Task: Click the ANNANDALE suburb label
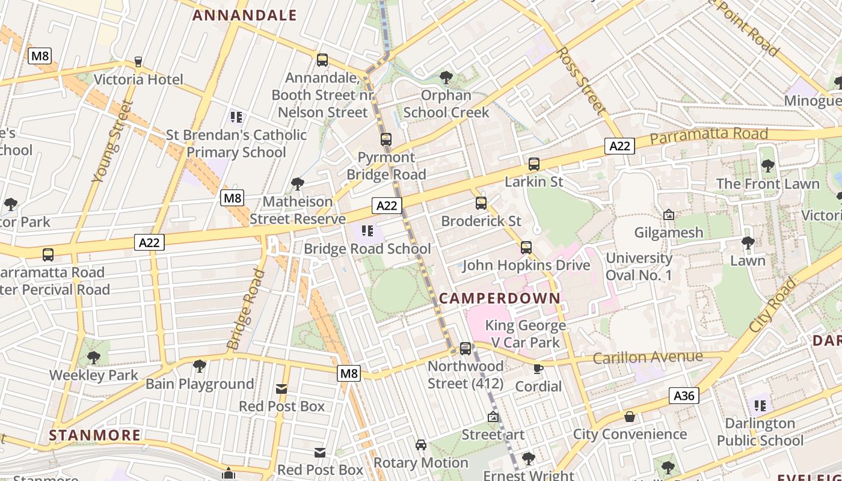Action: [244, 16]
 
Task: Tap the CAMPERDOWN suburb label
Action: [499, 298]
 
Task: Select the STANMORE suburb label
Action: [94, 435]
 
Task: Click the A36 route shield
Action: [684, 396]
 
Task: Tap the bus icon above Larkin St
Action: [533, 164]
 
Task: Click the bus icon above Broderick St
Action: [481, 203]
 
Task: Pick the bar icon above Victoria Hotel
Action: [138, 62]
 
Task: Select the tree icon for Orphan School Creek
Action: [446, 77]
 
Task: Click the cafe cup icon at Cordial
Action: [538, 369]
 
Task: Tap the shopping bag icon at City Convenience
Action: [630, 417]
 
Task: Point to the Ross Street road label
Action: [580, 81]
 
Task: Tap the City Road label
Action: [773, 305]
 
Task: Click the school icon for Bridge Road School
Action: [367, 231]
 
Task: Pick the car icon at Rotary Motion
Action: [420, 445]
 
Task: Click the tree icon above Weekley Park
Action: [93, 358]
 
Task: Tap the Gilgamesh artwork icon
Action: [668, 215]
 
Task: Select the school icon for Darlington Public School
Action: [760, 406]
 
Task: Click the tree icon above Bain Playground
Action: [199, 366]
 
